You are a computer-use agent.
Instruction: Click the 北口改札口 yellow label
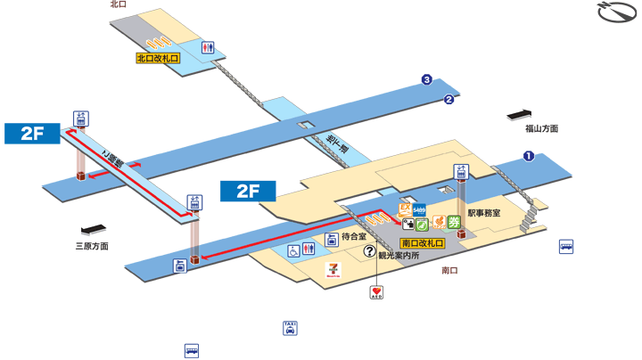tap(157, 59)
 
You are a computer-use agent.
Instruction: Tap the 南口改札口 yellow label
tap(423, 242)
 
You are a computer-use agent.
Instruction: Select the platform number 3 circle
tap(427, 81)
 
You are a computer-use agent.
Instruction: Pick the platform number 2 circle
tap(449, 99)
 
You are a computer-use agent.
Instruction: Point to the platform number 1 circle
tap(528, 157)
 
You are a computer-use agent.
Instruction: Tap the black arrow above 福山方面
tap(519, 114)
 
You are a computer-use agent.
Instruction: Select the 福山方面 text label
tap(540, 128)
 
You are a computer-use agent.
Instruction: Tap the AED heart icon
tap(376, 292)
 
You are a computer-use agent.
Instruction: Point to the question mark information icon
tap(368, 252)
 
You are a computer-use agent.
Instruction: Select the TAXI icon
tap(290, 328)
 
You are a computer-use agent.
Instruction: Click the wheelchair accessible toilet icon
tap(293, 251)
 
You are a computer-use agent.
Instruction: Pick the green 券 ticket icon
tap(453, 223)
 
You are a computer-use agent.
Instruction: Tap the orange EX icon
tap(404, 209)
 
